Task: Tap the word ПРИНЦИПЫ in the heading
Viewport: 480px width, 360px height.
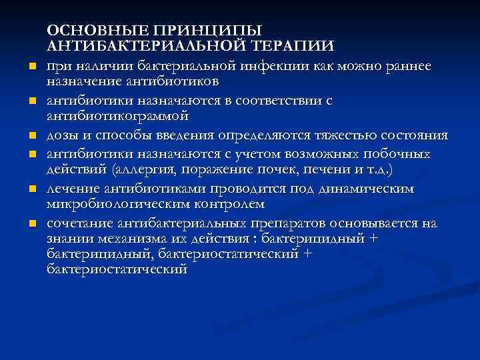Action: pos(207,31)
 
